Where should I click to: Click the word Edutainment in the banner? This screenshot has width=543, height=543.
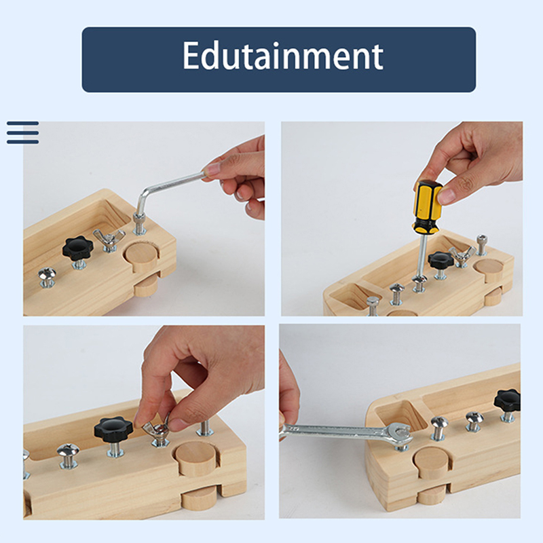coord(282,56)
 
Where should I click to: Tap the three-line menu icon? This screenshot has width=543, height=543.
coord(22,132)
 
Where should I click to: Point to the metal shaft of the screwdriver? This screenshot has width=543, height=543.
coord(422,254)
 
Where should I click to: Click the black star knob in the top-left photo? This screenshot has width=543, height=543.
coord(77,248)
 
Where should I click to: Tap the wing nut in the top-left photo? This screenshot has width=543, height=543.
coord(109,238)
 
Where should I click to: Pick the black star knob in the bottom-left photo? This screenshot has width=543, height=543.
coord(113,429)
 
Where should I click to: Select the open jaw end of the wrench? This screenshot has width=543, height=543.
coord(400,434)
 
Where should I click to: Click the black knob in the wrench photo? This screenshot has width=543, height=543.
coord(507,400)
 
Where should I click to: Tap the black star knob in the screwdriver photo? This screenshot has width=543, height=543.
coord(440,259)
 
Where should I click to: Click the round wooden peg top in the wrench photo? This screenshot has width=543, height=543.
coord(431,457)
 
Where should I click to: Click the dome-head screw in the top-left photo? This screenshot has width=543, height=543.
coord(47,274)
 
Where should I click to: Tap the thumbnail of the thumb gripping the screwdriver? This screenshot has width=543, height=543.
coord(447,196)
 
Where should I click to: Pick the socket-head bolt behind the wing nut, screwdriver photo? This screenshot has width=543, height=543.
coord(482,244)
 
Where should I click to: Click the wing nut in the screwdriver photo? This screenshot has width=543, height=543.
coord(462,255)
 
